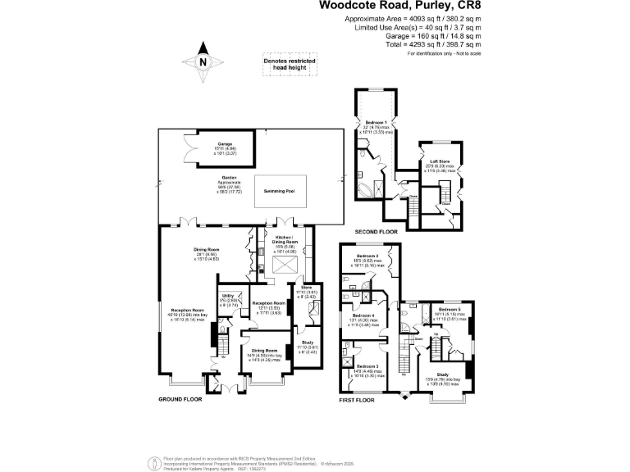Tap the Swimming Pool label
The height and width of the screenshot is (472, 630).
(x=279, y=191)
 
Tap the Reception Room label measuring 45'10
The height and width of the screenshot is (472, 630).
(x=187, y=310)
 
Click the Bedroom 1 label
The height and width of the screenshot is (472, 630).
(x=376, y=122)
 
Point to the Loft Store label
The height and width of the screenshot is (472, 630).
(x=440, y=161)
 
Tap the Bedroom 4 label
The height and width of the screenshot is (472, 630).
(x=363, y=315)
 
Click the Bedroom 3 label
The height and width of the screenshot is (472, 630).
(x=365, y=365)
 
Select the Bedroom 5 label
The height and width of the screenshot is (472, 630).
(x=449, y=309)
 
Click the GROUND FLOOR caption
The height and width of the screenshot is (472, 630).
(x=180, y=400)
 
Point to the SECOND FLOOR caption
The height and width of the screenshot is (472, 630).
(x=376, y=233)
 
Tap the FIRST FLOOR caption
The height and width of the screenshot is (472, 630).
(x=357, y=400)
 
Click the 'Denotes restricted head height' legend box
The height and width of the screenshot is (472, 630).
(x=289, y=66)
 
